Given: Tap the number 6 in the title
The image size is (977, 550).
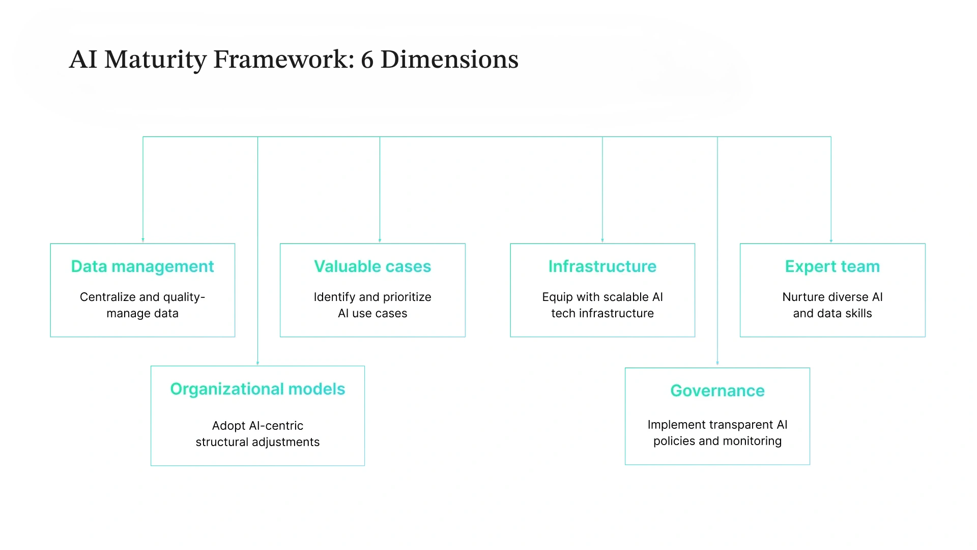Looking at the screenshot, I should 367,60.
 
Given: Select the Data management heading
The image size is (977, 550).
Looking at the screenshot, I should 142,266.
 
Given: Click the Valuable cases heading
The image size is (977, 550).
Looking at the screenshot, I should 372,266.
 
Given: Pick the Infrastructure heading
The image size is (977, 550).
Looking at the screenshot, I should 602,266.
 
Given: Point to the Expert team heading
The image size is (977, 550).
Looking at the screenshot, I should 832,266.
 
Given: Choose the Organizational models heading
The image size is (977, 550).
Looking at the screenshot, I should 257,389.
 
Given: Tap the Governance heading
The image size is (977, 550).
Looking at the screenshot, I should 717,391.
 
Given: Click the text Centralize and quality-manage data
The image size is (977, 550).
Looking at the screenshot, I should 142,305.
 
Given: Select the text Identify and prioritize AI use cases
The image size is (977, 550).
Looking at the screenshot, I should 372,305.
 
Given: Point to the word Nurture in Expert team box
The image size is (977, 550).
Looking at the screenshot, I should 800,297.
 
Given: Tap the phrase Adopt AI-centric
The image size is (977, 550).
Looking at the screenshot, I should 257,426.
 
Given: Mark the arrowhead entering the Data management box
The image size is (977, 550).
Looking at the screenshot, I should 143,240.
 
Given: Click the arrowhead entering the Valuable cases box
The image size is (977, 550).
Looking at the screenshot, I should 380,240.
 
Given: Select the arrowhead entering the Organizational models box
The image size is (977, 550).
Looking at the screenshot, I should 257,363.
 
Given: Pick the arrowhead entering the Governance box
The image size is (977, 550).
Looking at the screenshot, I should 717,363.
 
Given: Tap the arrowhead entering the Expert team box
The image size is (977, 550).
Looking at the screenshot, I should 831,240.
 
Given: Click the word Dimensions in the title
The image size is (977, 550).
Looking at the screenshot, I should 449,60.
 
